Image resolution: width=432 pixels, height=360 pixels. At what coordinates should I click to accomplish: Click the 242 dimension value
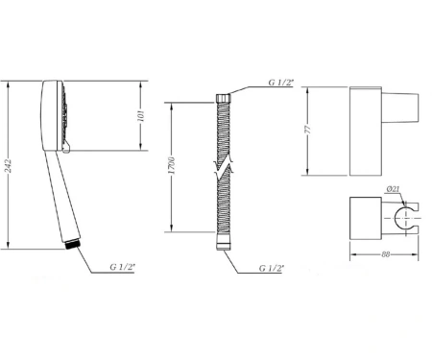8,166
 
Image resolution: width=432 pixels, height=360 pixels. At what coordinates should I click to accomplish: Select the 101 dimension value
141,116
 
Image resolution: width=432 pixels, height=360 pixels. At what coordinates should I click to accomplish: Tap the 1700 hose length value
171,165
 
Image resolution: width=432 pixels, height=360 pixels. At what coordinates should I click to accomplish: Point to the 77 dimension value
307,130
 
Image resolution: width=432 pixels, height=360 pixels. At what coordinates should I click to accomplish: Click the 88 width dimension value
386,254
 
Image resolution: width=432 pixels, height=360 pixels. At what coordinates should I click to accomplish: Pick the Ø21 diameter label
393,189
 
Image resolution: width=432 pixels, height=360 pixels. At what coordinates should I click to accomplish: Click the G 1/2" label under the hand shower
123,267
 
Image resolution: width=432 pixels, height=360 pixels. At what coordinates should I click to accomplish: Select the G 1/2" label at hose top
281,83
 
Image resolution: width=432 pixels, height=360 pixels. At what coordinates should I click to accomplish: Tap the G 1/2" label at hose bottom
272,268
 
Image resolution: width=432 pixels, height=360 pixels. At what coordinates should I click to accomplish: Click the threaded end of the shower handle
72,245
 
